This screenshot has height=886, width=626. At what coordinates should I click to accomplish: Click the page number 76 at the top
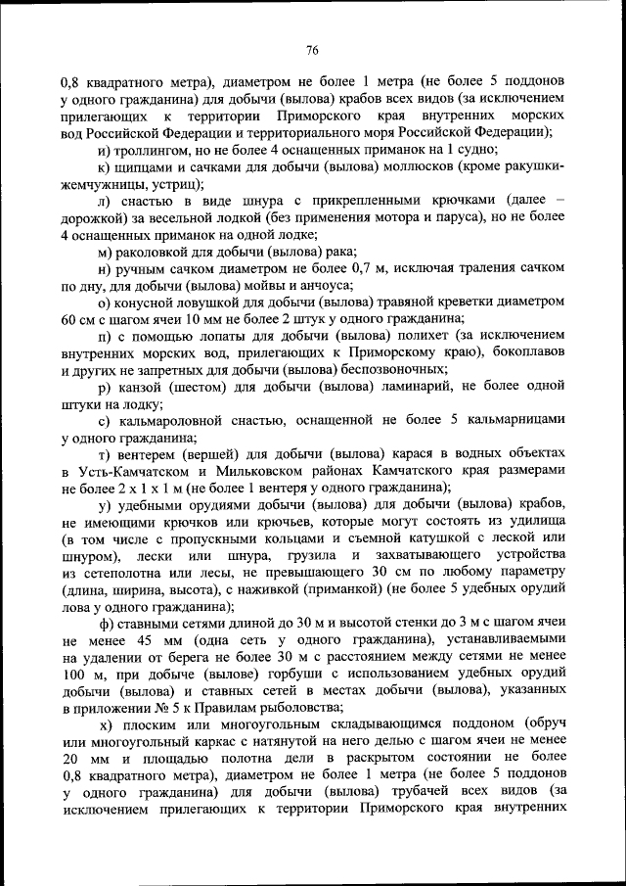coord(313,50)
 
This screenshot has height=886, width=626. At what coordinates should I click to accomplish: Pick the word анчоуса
coord(319,286)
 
